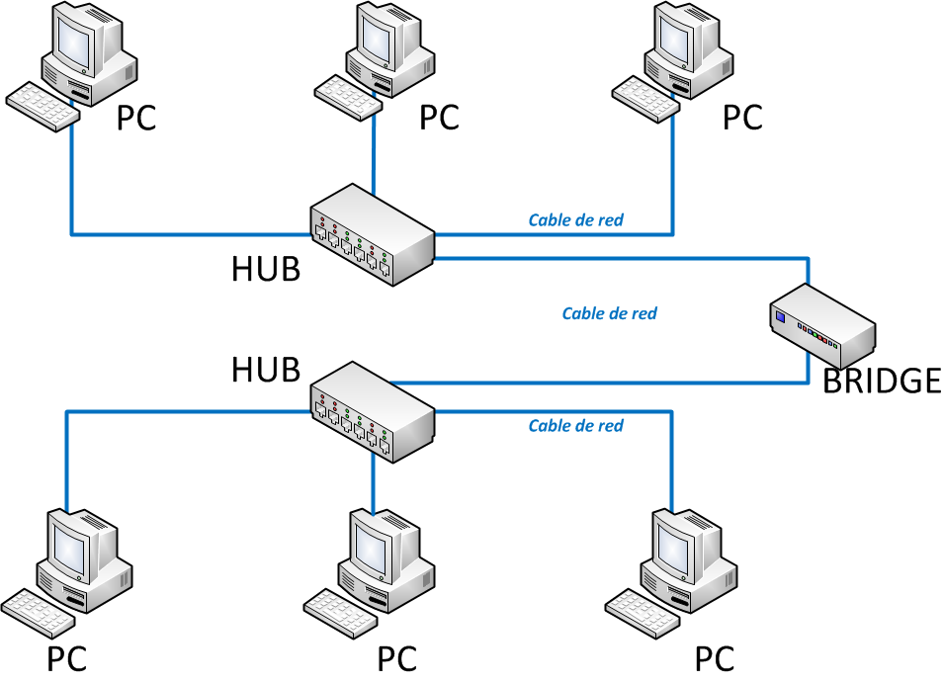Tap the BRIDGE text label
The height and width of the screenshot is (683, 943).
pos(882,381)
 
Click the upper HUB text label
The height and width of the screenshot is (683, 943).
pos(266,269)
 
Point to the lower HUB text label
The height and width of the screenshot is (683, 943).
pos(266,370)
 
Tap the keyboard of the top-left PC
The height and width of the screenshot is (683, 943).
pos(42,105)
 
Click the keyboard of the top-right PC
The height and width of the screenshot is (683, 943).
pos(645,98)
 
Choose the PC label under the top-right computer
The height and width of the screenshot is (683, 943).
pos(742,118)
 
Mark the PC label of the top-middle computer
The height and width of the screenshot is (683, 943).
pos(439,118)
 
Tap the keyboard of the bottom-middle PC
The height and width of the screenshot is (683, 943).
pos(339,612)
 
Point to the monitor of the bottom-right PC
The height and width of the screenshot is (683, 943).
pos(681,545)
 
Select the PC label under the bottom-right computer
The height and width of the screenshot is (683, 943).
pos(715,659)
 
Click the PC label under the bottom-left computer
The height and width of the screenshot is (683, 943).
pos(67,659)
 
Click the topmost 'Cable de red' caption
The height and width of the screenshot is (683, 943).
pos(576,220)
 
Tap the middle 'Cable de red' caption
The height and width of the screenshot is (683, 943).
pos(609,314)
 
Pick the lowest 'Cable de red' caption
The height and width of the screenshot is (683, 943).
pos(576,426)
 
